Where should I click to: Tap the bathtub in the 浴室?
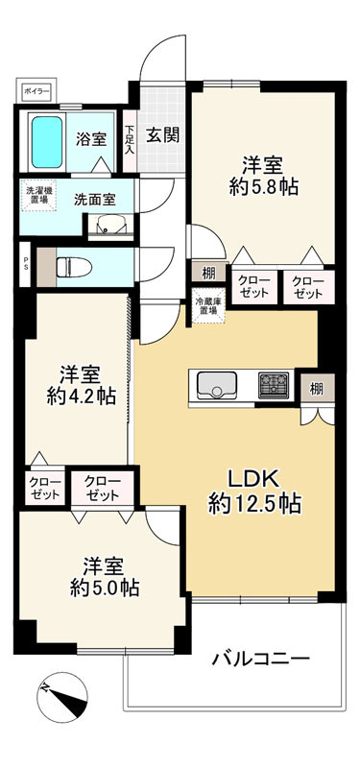coord(46,140)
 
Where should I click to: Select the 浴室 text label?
coord(91,138)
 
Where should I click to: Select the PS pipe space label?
coord(26,262)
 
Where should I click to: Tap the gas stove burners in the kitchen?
coord(274,385)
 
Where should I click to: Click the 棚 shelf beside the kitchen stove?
coord(316,388)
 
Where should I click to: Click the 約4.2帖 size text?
coord(81,394)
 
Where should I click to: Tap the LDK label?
coord(254,478)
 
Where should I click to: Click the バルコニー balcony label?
coord(261,660)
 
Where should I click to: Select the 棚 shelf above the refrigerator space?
coord(208,273)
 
